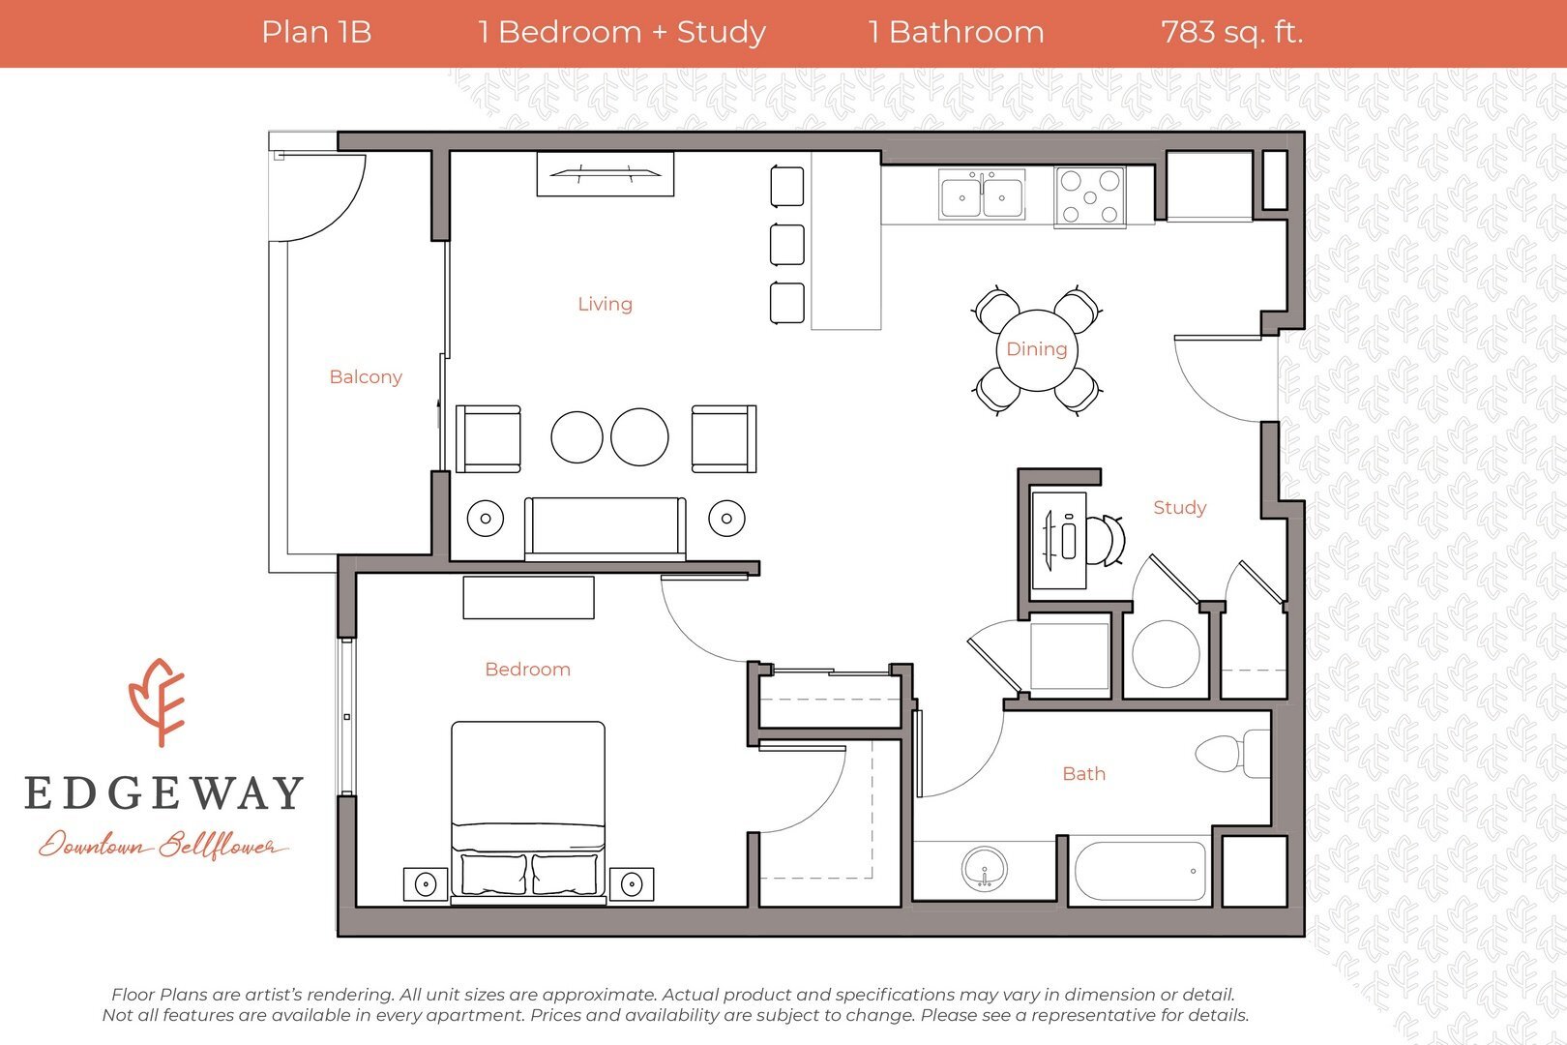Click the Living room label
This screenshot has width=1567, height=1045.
(x=605, y=304)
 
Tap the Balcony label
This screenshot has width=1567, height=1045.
(x=366, y=377)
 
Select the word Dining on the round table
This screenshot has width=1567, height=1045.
(x=1037, y=349)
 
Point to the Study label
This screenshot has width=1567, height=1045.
(x=1179, y=508)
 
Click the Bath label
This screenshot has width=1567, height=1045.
(x=1083, y=774)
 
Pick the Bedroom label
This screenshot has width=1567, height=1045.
(x=527, y=670)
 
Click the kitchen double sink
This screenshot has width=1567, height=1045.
(x=982, y=195)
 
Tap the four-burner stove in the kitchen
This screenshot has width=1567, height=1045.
(x=1090, y=197)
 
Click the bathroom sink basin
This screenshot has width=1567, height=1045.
(x=985, y=868)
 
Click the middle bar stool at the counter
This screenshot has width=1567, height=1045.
(x=787, y=245)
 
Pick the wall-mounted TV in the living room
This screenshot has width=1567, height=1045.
(x=606, y=174)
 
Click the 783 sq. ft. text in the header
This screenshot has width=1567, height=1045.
(x=1231, y=33)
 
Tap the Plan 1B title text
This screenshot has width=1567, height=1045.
(x=316, y=33)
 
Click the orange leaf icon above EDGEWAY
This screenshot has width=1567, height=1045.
(x=158, y=702)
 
